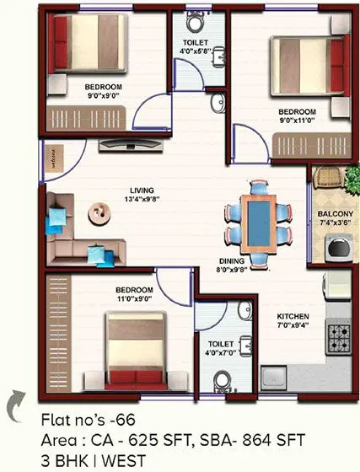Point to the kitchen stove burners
click(339, 336)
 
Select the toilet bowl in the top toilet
click(197, 20)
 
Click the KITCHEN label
click(293, 318)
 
